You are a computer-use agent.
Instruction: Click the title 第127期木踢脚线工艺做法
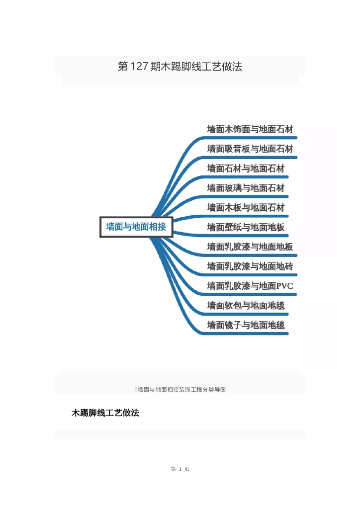pyautogui.click(x=180, y=67)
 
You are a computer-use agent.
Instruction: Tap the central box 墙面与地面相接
pyautogui.click(x=136, y=227)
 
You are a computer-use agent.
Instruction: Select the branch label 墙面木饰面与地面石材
pyautogui.click(x=250, y=129)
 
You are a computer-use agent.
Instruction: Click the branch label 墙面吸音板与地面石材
pyautogui.click(x=250, y=149)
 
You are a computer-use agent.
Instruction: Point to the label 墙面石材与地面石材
pyautogui.click(x=246, y=169)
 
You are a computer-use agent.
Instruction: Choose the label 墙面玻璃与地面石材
pyautogui.click(x=246, y=188)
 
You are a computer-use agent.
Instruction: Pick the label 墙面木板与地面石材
pyautogui.click(x=246, y=207)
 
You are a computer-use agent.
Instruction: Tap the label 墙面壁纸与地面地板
pyautogui.click(x=246, y=227)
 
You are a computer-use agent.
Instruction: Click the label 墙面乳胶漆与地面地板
pyautogui.click(x=250, y=247)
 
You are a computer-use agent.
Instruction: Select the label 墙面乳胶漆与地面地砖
pyautogui.click(x=250, y=266)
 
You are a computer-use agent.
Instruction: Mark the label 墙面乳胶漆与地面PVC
pyautogui.click(x=250, y=286)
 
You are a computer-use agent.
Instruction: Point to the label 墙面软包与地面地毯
pyautogui.click(x=246, y=305)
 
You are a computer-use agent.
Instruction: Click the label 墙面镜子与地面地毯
pyautogui.click(x=246, y=325)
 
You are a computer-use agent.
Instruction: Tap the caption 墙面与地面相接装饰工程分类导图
pyautogui.click(x=180, y=389)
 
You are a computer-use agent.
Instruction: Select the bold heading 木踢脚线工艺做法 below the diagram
pyautogui.click(x=105, y=413)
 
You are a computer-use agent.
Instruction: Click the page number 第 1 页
pyautogui.click(x=180, y=469)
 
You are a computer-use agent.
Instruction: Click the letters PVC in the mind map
pyautogui.click(x=285, y=286)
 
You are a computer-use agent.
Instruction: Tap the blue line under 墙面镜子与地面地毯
pyautogui.click(x=249, y=334)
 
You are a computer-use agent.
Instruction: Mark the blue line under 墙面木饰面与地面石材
pyautogui.click(x=249, y=137)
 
